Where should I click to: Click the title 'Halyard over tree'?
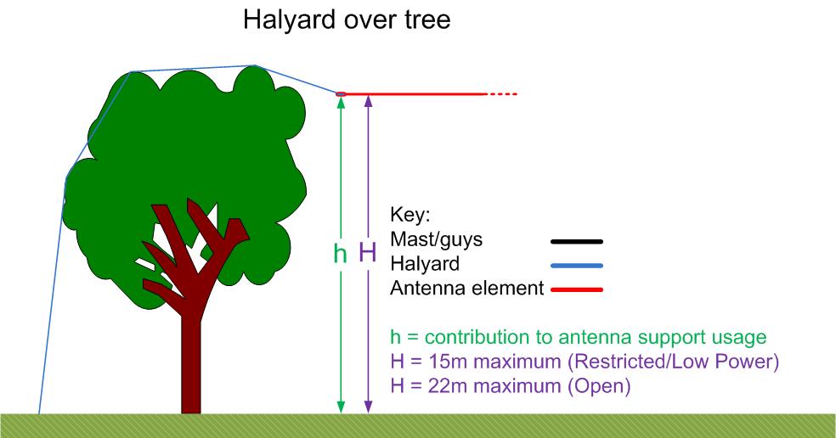pyautogui.click(x=347, y=20)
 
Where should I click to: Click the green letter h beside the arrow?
pyautogui.click(x=340, y=253)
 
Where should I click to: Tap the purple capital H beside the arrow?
pyautogui.click(x=368, y=252)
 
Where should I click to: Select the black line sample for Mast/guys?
pyautogui.click(x=576, y=241)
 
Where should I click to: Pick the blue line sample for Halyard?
pyautogui.click(x=576, y=266)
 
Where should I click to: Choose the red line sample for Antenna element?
pyautogui.click(x=576, y=289)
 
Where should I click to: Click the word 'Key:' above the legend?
pyautogui.click(x=410, y=215)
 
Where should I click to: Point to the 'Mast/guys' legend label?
pyautogui.click(x=436, y=239)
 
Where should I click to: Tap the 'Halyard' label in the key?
pyautogui.click(x=425, y=264)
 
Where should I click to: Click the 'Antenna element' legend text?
pyautogui.click(x=467, y=289)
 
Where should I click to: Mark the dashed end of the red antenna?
pyautogui.click(x=501, y=94)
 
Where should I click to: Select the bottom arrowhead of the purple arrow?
pyautogui.click(x=368, y=407)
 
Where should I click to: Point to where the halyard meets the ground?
pyautogui.click(x=39, y=413)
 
